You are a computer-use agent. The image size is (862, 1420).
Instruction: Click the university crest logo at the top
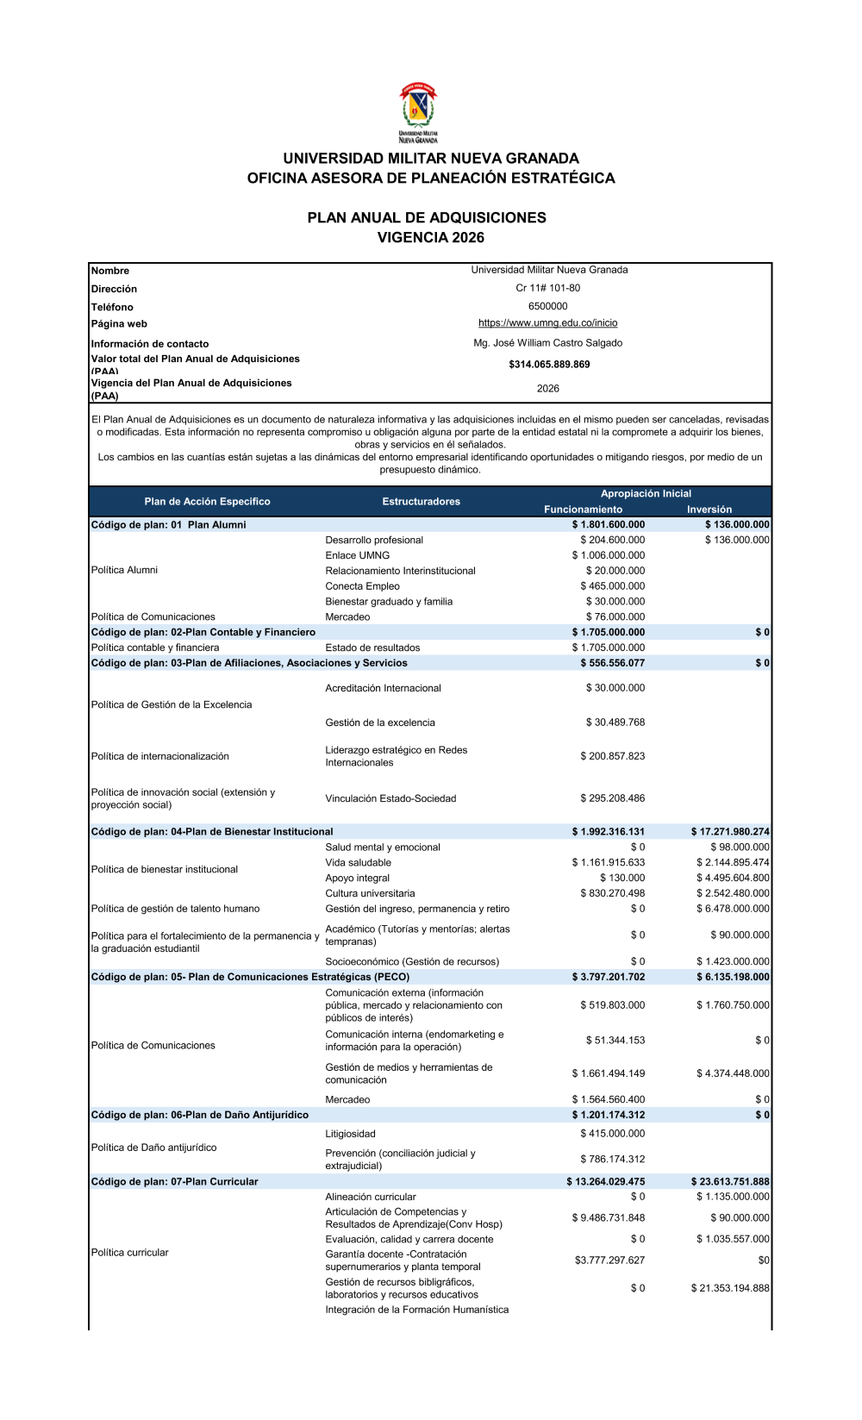418,112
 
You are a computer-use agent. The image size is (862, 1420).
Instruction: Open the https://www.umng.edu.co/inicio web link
548,323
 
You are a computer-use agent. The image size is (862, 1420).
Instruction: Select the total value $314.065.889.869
549,365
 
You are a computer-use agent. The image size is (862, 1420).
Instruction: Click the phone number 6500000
548,306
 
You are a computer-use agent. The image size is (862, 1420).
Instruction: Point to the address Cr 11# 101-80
548,288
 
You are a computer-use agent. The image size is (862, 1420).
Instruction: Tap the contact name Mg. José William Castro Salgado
548,343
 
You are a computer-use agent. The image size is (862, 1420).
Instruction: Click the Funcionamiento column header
583,510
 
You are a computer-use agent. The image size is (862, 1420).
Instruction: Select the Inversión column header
709,510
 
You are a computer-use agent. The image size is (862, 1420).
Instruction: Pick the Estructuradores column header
421,502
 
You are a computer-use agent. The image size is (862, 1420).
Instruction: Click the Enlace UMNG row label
357,555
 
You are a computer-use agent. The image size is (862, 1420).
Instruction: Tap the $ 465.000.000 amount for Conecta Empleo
612,586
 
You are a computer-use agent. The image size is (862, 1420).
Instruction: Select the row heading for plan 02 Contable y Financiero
203,632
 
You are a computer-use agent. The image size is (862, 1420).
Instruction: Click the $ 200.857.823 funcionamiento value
612,756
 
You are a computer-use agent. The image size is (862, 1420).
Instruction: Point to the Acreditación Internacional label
383,688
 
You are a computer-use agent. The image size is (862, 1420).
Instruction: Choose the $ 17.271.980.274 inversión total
730,832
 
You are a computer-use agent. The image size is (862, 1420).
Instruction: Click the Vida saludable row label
358,863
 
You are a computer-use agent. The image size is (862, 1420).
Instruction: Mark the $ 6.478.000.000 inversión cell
733,909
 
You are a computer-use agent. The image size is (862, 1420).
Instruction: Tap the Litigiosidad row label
350,1134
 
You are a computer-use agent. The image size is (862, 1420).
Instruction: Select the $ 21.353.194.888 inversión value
730,1288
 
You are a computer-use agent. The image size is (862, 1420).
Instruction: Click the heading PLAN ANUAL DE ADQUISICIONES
427,218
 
